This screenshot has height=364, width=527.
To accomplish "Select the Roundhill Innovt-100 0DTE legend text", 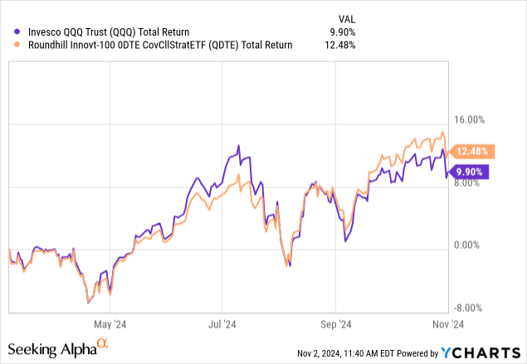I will [154, 45].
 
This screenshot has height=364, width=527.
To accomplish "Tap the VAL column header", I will [343, 17].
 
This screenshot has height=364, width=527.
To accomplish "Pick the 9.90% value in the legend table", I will [341, 32].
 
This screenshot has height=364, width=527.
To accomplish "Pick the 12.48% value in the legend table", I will [339, 45].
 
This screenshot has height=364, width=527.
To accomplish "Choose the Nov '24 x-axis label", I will [446, 325].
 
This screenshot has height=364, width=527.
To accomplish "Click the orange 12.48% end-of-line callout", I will [472, 152].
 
